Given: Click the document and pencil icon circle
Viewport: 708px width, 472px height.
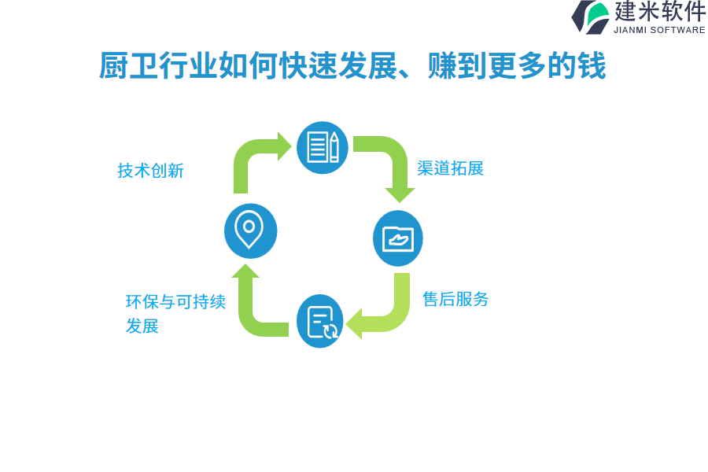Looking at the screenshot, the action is (x=322, y=147).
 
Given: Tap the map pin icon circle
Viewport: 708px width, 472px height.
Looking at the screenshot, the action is (x=251, y=230).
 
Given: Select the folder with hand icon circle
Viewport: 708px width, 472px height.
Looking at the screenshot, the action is (x=398, y=238).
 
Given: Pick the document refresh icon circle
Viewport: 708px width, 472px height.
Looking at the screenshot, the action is (x=319, y=321).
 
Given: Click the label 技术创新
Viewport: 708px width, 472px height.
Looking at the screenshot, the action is (x=150, y=171).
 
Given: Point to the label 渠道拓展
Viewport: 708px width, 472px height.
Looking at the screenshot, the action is (x=450, y=168).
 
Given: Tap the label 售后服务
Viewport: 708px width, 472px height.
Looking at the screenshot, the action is (x=455, y=299).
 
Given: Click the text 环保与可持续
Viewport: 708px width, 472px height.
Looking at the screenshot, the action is (x=175, y=302).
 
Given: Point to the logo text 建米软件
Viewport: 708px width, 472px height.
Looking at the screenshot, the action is (x=660, y=11).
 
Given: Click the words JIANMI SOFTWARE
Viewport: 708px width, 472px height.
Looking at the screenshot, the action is (x=659, y=30).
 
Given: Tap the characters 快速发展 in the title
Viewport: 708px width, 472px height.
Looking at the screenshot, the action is (x=337, y=65).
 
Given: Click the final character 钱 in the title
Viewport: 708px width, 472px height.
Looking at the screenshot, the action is (x=591, y=65).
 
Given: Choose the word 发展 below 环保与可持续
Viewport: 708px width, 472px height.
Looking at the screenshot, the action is (x=142, y=326).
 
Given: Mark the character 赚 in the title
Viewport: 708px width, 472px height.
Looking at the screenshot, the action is (x=442, y=65).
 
